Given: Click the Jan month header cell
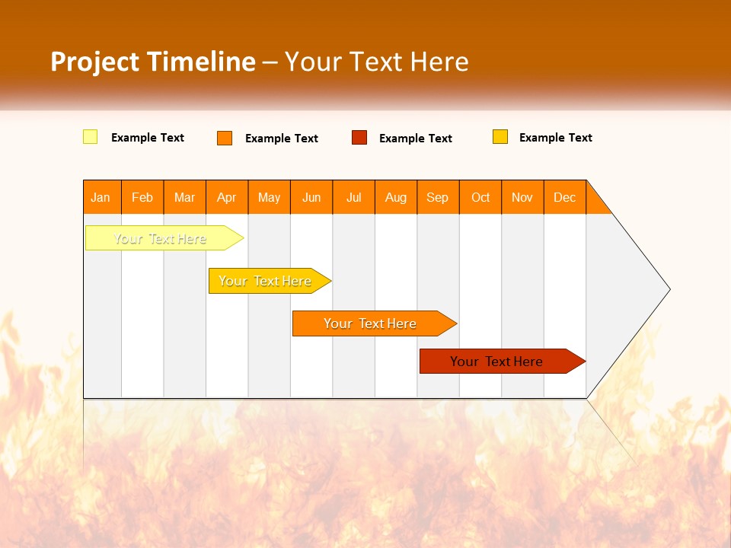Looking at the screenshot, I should (101, 197).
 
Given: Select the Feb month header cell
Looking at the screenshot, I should (142, 197).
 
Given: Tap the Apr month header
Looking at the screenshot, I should (227, 197).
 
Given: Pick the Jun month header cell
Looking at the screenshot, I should (311, 197).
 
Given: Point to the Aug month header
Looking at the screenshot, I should (396, 197).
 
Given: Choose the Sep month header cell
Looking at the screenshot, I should (438, 197).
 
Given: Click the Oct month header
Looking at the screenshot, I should (480, 197).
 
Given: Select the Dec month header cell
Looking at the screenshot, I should (565, 197).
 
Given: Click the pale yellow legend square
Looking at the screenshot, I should (90, 137).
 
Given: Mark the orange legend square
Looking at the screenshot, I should (225, 138).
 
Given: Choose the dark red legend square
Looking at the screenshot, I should (359, 138).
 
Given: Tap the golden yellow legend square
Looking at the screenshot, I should (500, 137).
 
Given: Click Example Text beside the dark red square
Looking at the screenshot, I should (416, 139).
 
